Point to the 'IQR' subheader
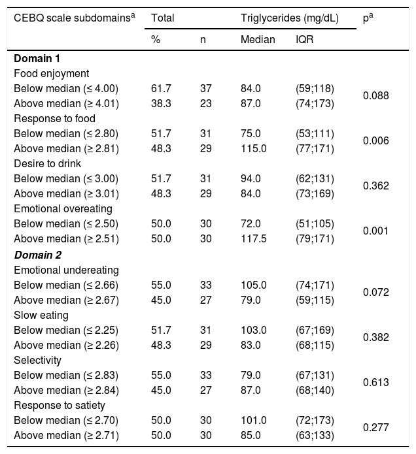304,39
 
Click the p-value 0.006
375,140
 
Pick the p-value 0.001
375,231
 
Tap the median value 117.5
252,238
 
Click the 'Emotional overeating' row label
63,208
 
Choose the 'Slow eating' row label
41,315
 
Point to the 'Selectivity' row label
37,360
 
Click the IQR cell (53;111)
315,133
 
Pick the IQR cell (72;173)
315,420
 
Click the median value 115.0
252,148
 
